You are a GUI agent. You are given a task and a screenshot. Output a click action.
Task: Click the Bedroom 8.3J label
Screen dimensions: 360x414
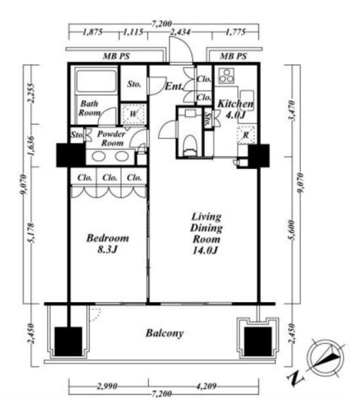(108, 243)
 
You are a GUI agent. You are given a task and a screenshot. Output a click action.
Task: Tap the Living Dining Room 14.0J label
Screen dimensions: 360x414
(206, 234)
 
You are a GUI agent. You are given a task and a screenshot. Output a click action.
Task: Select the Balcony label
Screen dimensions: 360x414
(164, 333)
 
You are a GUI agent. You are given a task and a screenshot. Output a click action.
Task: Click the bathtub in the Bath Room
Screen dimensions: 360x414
(97, 81)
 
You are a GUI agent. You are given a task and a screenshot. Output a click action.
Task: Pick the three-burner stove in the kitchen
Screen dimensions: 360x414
(226, 76)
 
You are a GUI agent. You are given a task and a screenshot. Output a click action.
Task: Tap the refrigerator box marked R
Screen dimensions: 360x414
(246, 135)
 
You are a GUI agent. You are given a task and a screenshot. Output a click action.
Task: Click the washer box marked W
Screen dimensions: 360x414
(133, 114)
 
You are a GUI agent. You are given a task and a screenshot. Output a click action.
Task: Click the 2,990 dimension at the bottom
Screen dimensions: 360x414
(107, 386)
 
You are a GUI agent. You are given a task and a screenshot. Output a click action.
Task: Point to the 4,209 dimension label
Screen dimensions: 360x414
(206, 386)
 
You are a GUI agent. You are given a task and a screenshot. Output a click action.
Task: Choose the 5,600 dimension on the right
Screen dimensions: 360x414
(291, 230)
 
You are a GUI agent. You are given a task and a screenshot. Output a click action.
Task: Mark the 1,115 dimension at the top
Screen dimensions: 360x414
(133, 32)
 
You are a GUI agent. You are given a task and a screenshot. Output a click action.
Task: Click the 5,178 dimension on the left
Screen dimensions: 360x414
(31, 233)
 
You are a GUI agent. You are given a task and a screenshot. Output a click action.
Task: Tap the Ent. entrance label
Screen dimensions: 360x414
(174, 86)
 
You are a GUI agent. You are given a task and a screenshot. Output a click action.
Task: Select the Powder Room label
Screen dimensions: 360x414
(111, 138)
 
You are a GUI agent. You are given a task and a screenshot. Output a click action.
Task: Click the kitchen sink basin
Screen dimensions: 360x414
(247, 97)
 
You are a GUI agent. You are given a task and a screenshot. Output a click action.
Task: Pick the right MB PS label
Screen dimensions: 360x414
(234, 56)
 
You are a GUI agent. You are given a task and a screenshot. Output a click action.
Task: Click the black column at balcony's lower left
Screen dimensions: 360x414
(69, 342)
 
